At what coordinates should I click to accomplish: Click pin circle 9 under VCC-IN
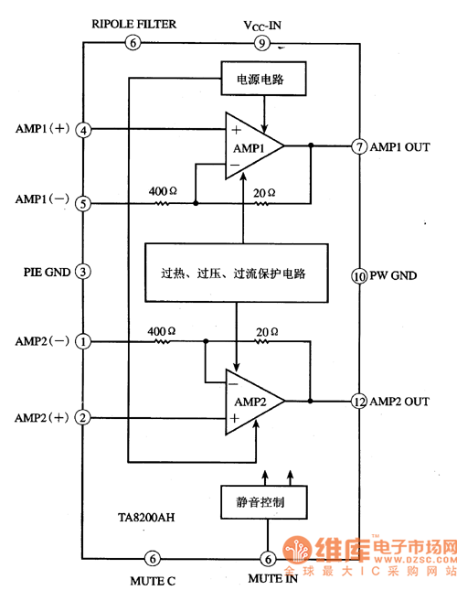click(x=260, y=43)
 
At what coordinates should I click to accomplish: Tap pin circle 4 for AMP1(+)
click(x=84, y=130)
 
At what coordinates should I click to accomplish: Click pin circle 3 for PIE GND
click(x=83, y=271)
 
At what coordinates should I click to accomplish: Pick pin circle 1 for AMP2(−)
click(x=84, y=342)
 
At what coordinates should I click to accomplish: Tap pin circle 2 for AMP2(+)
click(x=84, y=418)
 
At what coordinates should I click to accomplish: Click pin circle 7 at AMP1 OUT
click(x=358, y=146)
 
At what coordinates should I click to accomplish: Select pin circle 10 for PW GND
click(x=358, y=274)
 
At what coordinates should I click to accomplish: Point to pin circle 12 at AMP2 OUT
click(x=358, y=401)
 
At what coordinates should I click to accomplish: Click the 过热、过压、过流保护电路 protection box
click(x=236, y=273)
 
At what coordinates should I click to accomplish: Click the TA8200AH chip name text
click(x=146, y=518)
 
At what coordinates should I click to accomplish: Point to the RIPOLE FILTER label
click(x=133, y=24)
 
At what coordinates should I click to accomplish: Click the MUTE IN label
click(x=274, y=579)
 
